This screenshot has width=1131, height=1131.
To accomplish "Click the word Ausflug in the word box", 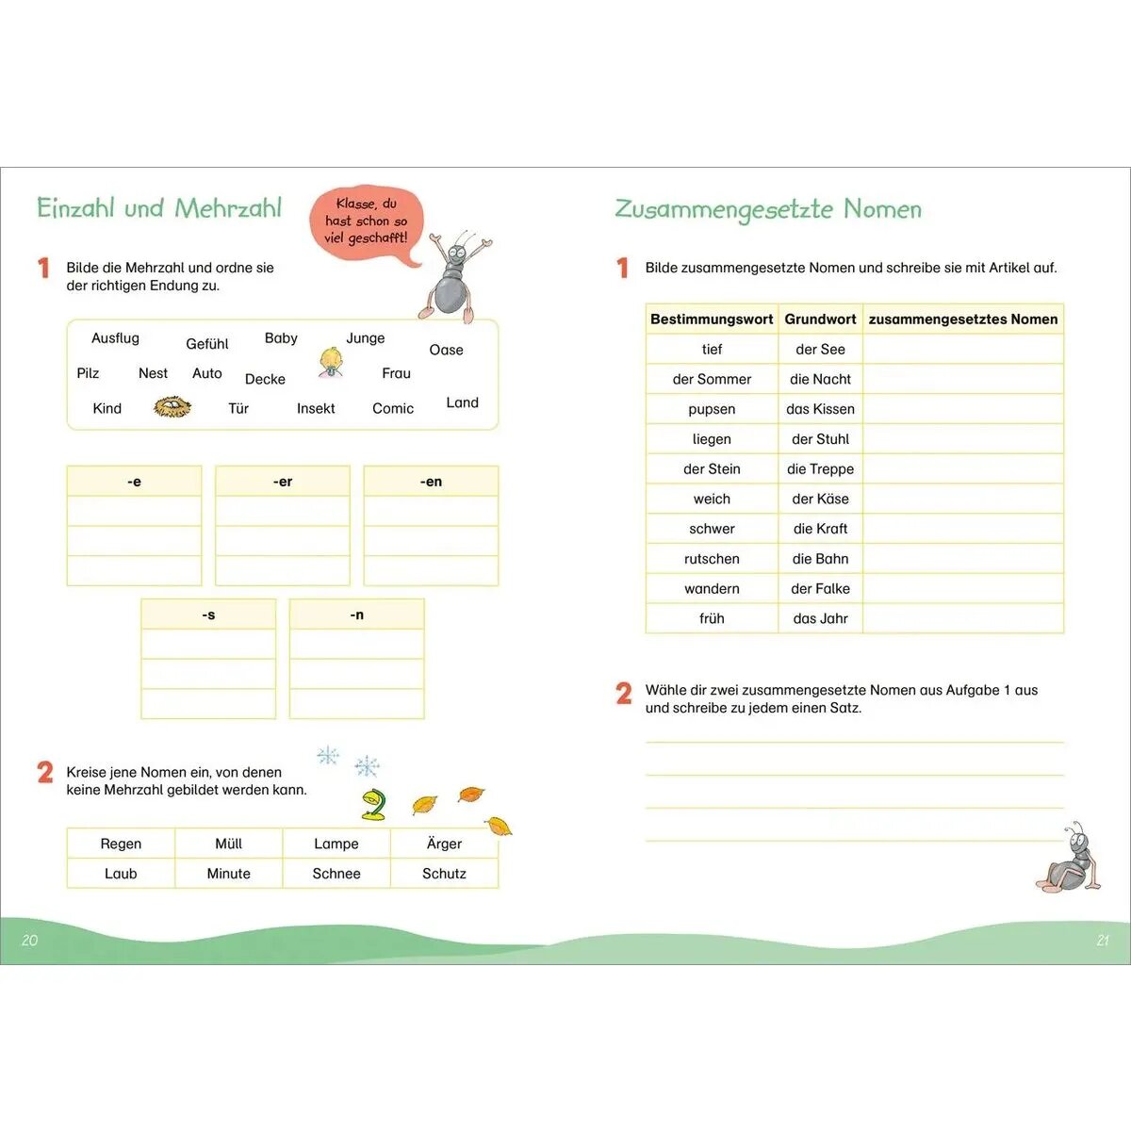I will click(x=115, y=338).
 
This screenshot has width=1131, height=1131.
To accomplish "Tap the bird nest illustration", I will click(x=172, y=407).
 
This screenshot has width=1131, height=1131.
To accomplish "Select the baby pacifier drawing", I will click(x=331, y=363).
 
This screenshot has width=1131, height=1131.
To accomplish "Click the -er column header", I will click(x=283, y=482).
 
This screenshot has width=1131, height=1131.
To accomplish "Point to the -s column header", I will click(x=208, y=615).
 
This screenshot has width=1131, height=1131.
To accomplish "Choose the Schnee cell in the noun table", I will click(x=336, y=874).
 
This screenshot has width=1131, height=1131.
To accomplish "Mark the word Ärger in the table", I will click(x=444, y=844).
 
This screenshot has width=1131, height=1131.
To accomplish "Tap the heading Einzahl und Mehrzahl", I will click(x=159, y=208).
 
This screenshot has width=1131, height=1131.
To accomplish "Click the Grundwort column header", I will click(x=820, y=320).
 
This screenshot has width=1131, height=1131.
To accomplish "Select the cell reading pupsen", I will click(x=712, y=409).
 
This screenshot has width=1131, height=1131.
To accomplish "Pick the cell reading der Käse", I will click(x=820, y=499).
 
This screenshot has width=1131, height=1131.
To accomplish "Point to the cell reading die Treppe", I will click(x=820, y=468).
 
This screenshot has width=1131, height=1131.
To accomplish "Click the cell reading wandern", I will click(x=712, y=588).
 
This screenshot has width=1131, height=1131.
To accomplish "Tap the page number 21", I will click(x=1103, y=941).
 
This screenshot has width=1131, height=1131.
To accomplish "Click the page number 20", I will click(x=29, y=941).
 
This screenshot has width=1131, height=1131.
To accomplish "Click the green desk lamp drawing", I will click(x=374, y=804).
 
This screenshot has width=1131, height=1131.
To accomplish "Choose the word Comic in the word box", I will click(x=393, y=408).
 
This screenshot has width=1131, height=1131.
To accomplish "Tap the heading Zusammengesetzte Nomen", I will click(x=768, y=209).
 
